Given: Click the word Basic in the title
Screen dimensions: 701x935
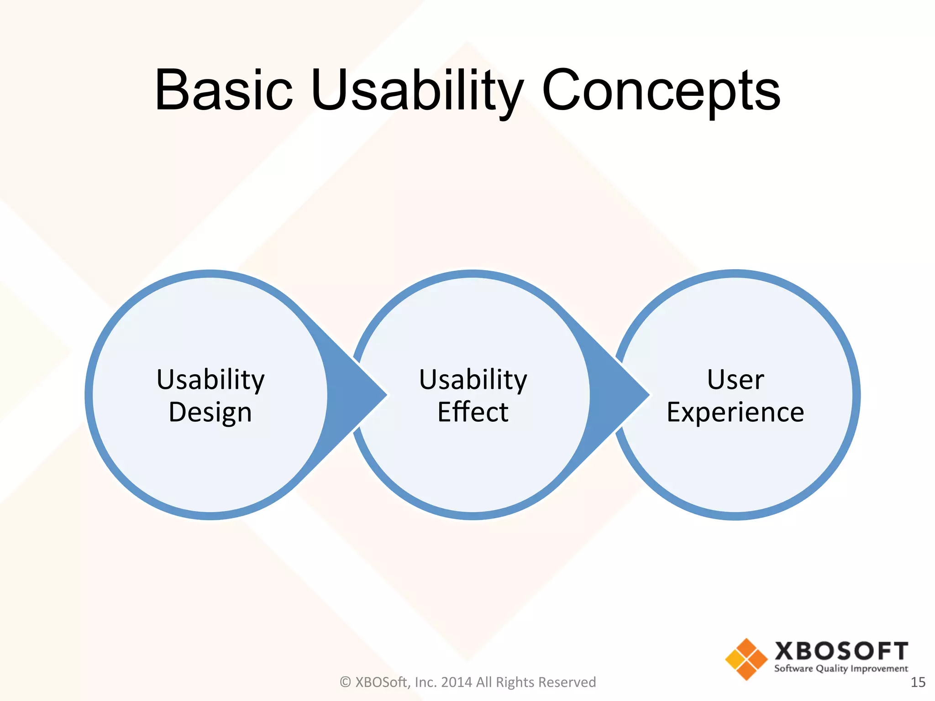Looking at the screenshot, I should click(224, 90).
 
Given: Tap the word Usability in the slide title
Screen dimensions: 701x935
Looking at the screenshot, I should click(416, 90).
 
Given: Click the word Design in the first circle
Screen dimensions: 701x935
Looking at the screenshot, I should click(210, 412).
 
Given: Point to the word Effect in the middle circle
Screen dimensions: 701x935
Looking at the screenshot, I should click(473, 412).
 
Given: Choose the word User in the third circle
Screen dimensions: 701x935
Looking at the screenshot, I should click(735, 379).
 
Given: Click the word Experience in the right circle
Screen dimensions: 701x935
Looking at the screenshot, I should click(735, 412).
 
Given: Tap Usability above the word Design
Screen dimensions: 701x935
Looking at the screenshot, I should click(210, 379).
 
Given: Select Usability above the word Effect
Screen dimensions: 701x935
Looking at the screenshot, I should click(473, 379).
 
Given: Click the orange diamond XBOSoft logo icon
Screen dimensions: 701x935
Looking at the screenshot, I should click(746, 659).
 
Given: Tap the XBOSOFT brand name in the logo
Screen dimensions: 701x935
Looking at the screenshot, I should click(841, 651).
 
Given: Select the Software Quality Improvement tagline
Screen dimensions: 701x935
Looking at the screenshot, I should click(841, 669).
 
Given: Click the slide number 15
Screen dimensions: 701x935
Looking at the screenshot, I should click(918, 682).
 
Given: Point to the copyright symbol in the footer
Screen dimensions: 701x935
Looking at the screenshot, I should click(346, 682).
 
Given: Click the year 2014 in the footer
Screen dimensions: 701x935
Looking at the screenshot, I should click(457, 682).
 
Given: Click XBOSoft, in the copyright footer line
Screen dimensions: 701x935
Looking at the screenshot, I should click(383, 682).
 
